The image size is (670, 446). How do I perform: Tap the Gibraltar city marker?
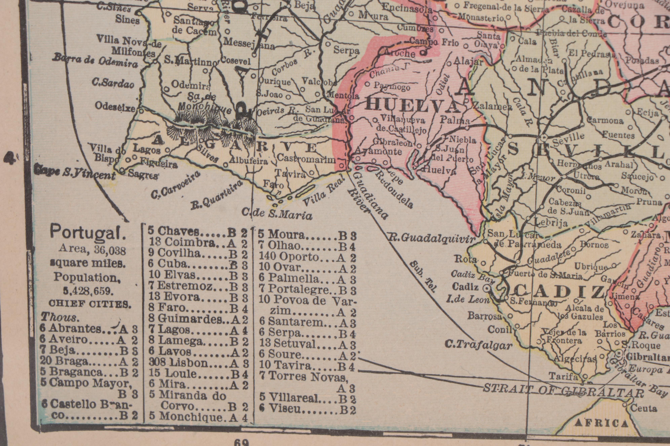click(618, 353)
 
